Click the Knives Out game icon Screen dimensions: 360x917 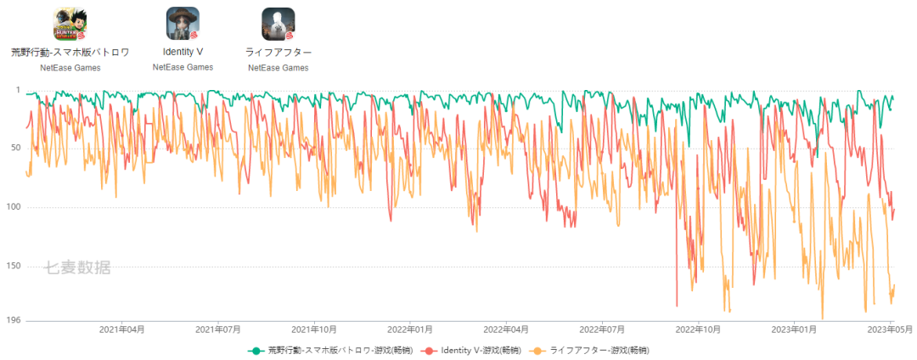pyautogui.click(x=70, y=24)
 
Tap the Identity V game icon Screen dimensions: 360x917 pyautogui.click(x=183, y=24)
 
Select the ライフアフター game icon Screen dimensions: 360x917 pyautogui.click(x=278, y=24)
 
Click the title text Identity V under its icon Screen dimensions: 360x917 pyautogui.click(x=183, y=52)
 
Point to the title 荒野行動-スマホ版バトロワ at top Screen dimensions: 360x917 pyautogui.click(x=70, y=52)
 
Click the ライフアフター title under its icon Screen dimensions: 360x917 pyautogui.click(x=278, y=52)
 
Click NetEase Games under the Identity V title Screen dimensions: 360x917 pyautogui.click(x=183, y=67)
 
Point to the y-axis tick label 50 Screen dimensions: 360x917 pyautogui.click(x=14, y=149)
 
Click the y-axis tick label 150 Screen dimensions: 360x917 pyautogui.click(x=13, y=266)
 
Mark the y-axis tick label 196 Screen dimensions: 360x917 pyautogui.click(x=13, y=320)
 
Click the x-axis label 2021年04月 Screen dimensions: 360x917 pyautogui.click(x=122, y=329)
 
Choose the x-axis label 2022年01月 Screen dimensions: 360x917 pyautogui.click(x=411, y=329)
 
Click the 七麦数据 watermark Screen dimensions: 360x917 pyautogui.click(x=77, y=268)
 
